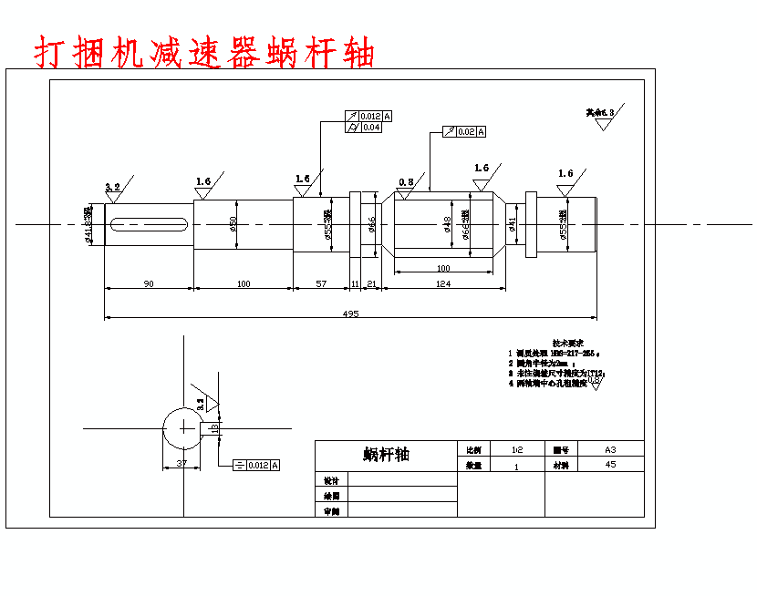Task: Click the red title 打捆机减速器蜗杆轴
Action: [x=204, y=53]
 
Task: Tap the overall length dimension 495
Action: [x=350, y=314]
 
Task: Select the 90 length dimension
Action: [x=149, y=284]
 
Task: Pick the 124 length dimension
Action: [x=443, y=284]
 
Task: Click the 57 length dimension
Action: [x=320, y=284]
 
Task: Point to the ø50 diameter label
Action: [x=233, y=224]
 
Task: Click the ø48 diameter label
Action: [x=448, y=224]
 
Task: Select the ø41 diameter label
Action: [x=512, y=224]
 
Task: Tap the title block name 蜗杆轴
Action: [x=386, y=454]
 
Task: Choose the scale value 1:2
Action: [x=516, y=450]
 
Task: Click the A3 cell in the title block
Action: [x=610, y=450]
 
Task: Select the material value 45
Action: [x=610, y=465]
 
